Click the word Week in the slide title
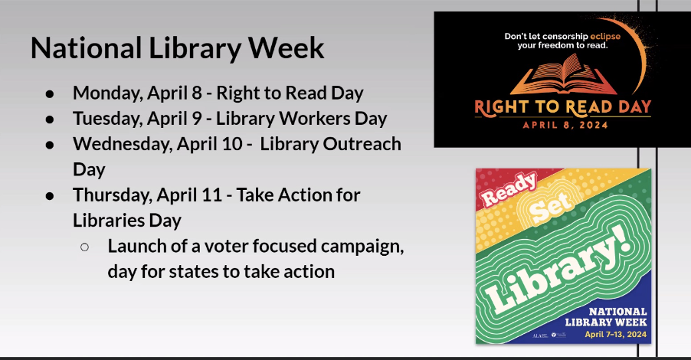(286, 47)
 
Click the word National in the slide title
(87, 47)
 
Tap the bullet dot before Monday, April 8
(50, 94)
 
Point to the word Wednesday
(122, 145)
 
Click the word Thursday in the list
(112, 195)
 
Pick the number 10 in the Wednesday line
(233, 144)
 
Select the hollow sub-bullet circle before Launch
(84, 247)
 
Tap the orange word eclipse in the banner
(605, 36)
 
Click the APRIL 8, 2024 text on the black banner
(565, 125)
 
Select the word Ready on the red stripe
(509, 189)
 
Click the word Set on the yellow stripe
(552, 207)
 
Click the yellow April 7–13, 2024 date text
(616, 335)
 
